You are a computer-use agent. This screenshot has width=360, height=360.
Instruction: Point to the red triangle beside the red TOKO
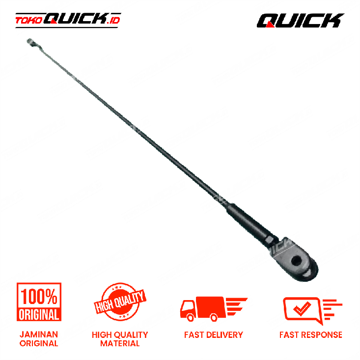tap(54, 21)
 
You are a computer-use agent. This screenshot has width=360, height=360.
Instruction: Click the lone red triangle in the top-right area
tap(270, 24)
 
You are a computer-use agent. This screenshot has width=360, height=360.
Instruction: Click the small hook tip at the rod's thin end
tap(30, 43)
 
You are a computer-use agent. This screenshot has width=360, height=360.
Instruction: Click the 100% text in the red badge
tap(39, 296)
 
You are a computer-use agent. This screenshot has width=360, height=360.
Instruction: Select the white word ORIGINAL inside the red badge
tap(39, 314)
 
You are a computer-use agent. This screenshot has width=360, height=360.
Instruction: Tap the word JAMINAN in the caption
tap(39, 334)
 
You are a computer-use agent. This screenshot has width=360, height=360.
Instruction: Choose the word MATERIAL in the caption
tap(120, 343)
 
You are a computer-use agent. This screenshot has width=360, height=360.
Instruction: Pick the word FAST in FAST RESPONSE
tap(290, 334)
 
